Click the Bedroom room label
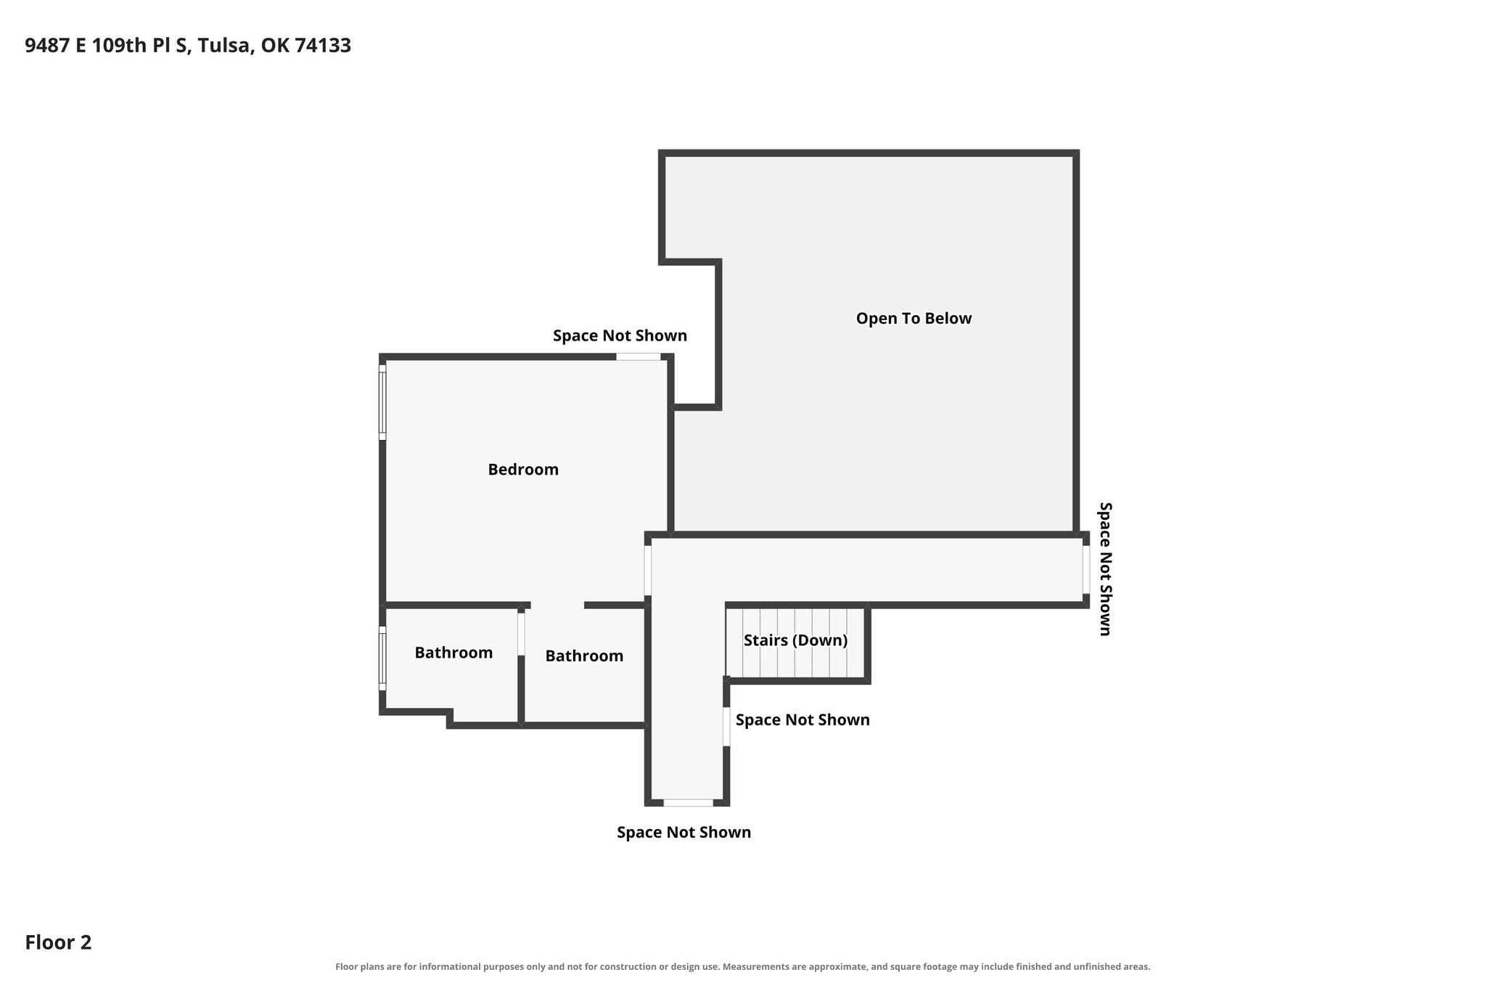(523, 470)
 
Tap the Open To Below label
(914, 319)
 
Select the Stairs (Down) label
(795, 640)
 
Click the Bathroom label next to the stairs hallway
(584, 656)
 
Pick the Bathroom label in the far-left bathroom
(453, 653)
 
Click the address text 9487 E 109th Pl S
(109, 46)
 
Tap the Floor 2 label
(58, 942)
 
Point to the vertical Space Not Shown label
(1105, 569)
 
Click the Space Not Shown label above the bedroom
(620, 336)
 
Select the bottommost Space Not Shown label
(684, 833)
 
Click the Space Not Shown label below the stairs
(802, 720)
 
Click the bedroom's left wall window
(382, 402)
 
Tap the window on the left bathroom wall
(382, 658)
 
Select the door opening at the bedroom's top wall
(639, 356)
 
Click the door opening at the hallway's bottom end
(689, 802)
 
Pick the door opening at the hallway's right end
(1086, 570)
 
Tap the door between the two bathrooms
(521, 635)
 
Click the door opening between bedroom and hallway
(648, 571)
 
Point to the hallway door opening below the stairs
(726, 726)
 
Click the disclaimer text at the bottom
(742, 967)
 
